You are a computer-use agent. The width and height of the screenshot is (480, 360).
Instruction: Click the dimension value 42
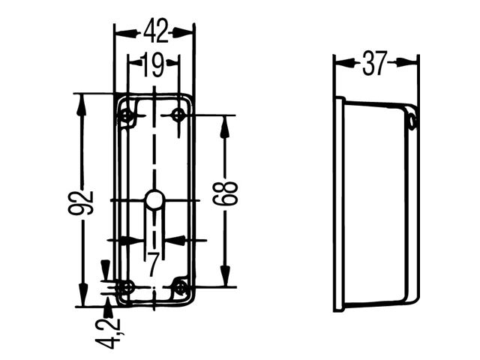pos(156,31)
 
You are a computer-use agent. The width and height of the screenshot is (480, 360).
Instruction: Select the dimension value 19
pos(152,65)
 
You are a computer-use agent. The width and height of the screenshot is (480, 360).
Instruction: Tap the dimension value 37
pos(375,63)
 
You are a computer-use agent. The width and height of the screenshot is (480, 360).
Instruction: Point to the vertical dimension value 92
pos(81,202)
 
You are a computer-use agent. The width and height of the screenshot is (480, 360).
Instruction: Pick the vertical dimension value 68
pos(225,193)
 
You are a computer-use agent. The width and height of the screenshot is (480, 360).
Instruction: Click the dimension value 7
pos(153,265)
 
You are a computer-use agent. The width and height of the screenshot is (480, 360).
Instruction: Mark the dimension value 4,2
pos(111,333)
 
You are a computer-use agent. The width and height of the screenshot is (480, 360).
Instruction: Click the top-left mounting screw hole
pos(127,116)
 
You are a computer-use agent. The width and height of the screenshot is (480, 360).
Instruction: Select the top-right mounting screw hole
pos(178,115)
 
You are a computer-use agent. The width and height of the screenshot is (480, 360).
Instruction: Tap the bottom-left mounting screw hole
pos(126,287)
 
